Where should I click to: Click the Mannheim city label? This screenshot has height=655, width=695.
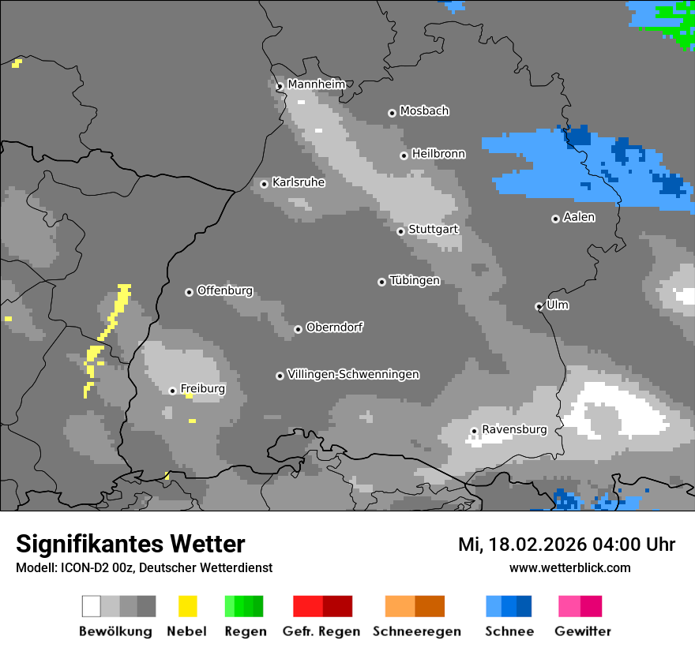(316, 84)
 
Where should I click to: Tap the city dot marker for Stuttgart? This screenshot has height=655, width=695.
(400, 231)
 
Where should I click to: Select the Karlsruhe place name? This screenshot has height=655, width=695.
(298, 182)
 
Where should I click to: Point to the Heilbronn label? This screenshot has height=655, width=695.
(438, 154)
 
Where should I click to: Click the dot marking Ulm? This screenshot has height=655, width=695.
(539, 306)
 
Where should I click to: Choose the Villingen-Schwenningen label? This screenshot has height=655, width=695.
(353, 374)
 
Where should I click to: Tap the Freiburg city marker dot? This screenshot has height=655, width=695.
(172, 391)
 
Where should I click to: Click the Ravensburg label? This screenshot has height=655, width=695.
(514, 429)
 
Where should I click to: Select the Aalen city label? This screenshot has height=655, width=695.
(579, 217)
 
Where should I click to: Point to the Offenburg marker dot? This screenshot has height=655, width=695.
(189, 292)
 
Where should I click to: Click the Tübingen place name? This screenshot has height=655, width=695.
(415, 281)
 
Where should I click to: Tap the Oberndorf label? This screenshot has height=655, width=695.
(334, 327)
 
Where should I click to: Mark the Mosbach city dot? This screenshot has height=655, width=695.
(392, 113)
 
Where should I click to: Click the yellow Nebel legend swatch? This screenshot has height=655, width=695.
(187, 606)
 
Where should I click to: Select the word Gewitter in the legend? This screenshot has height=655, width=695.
(583, 631)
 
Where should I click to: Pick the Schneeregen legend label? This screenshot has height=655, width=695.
(416, 631)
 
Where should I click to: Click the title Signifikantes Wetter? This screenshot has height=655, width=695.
(130, 544)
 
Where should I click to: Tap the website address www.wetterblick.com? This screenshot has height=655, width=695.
(569, 567)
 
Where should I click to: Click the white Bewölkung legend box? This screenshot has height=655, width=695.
(92, 606)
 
